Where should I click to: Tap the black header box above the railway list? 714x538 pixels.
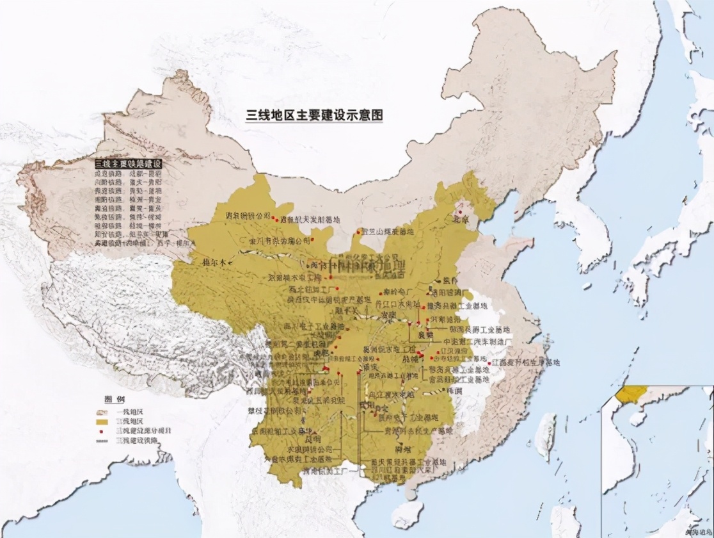click(x=128, y=164)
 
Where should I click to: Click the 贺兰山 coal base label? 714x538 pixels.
click(x=388, y=231)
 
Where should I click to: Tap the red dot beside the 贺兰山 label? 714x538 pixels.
click(x=358, y=231)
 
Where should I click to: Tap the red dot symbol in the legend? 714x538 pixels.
click(x=102, y=432)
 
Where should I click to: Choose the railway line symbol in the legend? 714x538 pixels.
click(x=102, y=441)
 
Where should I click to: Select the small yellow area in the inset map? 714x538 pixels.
click(x=633, y=393)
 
